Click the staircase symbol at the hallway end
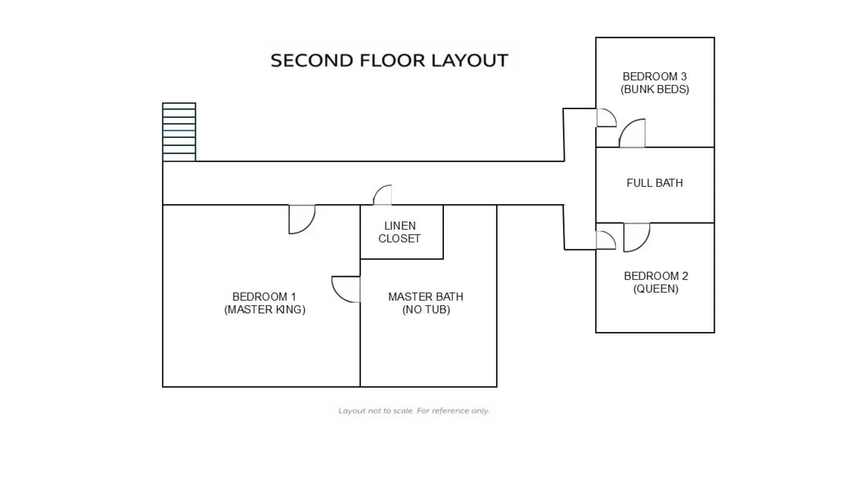coord(179,132)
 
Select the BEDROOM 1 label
coord(264,296)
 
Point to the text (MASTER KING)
coord(265,309)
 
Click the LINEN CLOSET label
coord(400,232)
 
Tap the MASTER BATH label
coord(426,296)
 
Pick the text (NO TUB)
coord(426,309)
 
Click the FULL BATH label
coord(655,183)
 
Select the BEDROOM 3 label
coord(655,76)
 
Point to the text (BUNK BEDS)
coord(655,89)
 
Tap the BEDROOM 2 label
coord(656,276)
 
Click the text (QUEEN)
coord(656,289)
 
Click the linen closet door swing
coord(383,196)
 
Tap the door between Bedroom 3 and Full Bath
coord(633,134)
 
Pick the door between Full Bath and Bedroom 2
coord(636,236)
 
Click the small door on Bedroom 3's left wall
coord(606,117)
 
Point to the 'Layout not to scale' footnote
coord(414,411)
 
